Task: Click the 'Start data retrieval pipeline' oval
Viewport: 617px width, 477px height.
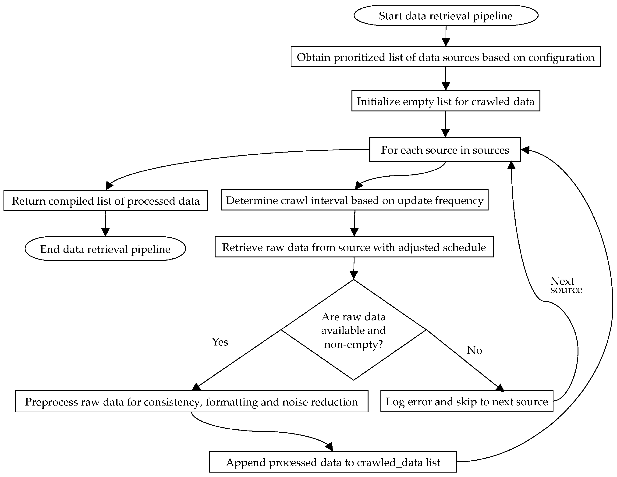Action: click(x=446, y=16)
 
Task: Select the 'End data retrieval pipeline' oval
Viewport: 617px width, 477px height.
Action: click(x=105, y=249)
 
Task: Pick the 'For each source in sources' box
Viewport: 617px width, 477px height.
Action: click(x=445, y=150)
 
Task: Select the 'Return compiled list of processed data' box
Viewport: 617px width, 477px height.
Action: click(x=105, y=201)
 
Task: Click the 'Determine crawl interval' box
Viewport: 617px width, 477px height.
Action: click(x=354, y=200)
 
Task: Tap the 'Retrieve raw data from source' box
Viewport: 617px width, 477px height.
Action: click(x=354, y=247)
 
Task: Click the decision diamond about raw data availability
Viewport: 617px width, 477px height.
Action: click(x=353, y=330)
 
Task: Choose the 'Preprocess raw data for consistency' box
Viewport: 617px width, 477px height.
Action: click(x=191, y=402)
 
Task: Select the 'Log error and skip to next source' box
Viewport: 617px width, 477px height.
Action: click(x=466, y=401)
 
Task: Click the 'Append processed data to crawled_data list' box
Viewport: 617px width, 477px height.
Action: click(x=333, y=462)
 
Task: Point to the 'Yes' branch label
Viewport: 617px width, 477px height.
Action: click(x=220, y=342)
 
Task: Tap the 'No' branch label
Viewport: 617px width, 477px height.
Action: click(x=474, y=350)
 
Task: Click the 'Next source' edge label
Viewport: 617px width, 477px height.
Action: click(x=566, y=285)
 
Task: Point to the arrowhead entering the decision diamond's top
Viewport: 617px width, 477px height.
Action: click(x=353, y=275)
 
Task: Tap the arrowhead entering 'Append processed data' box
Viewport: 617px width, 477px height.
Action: click(x=330, y=447)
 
